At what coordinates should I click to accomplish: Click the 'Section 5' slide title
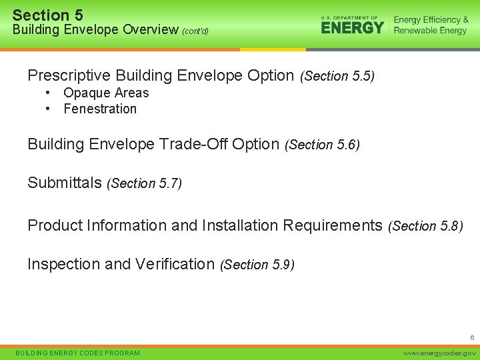(48, 15)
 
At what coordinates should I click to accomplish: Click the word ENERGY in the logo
(352, 27)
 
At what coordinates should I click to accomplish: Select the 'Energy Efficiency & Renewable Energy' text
(431, 25)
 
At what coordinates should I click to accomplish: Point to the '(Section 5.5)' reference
(337, 77)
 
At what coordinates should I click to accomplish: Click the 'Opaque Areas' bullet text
(106, 93)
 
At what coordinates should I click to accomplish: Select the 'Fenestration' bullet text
(100, 109)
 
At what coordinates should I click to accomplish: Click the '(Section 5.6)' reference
(322, 145)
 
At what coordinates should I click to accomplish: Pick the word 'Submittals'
(64, 183)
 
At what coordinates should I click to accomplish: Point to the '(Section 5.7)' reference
(144, 183)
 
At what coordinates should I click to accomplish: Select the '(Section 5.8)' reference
(425, 226)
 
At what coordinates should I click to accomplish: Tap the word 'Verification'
(175, 264)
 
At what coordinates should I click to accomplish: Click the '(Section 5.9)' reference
(257, 265)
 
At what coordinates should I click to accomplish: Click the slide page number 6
(471, 339)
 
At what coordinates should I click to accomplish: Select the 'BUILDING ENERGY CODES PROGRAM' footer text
(77, 353)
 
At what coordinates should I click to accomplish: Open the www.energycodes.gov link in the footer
(440, 353)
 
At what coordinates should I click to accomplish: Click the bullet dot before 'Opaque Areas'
(49, 93)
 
